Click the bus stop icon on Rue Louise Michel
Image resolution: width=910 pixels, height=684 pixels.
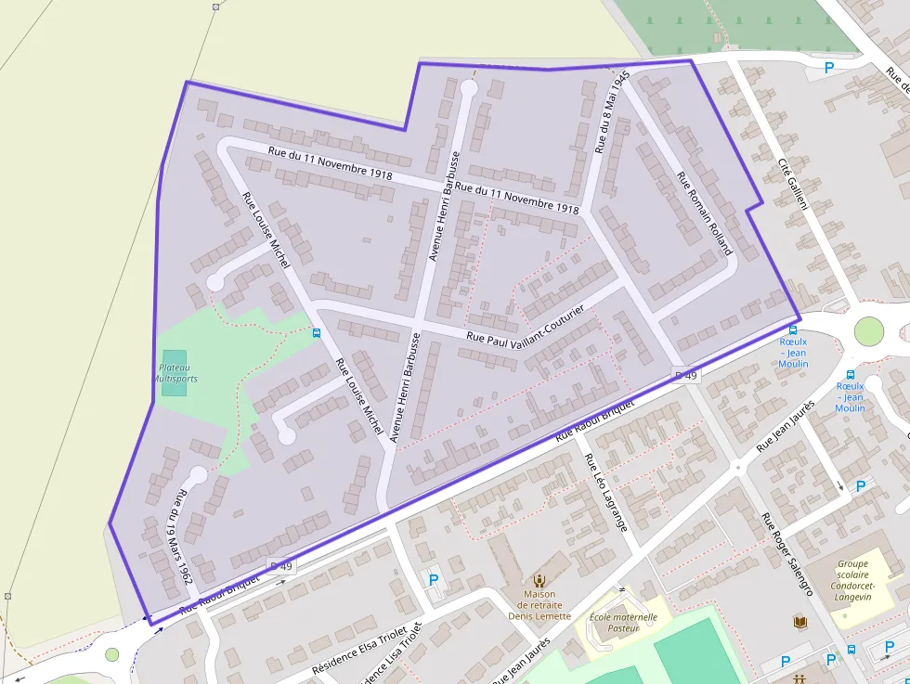click(x=317, y=333)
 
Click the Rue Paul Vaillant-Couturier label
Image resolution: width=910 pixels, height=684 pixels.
click(x=526, y=328)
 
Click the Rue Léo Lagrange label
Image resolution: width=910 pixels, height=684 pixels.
click(x=606, y=491)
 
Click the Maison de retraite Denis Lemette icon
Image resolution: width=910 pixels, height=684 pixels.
click(x=539, y=580)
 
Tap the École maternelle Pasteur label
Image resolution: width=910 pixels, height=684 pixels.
click(x=623, y=622)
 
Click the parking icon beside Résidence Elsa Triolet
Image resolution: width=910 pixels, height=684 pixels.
click(x=433, y=580)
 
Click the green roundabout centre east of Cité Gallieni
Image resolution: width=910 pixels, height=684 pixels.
click(x=868, y=329)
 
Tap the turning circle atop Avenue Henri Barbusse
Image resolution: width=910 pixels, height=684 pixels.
click(x=468, y=88)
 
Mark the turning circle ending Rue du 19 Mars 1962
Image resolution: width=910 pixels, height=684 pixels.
click(x=198, y=476)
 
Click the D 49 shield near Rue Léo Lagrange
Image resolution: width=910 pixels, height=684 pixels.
click(x=685, y=375)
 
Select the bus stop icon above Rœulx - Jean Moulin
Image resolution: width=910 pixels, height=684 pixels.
click(x=793, y=329)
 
